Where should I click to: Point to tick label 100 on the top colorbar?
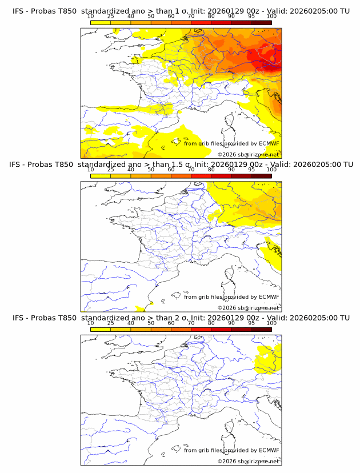pyautogui.click(x=271, y=16)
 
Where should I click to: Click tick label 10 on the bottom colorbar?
pyautogui.click(x=90, y=323)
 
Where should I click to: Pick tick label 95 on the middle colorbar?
pyautogui.click(x=251, y=170)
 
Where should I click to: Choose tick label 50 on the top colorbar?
pyautogui.click(x=151, y=16)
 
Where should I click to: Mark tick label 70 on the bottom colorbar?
pyautogui.click(x=191, y=323)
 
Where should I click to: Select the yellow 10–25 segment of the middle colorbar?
pyautogui.click(x=101, y=176)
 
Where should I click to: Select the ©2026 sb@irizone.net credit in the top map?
pyautogui.click(x=248, y=154)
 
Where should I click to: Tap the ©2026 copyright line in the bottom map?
pyautogui.click(x=248, y=461)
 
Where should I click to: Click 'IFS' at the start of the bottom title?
pyautogui.click(x=19, y=318)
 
